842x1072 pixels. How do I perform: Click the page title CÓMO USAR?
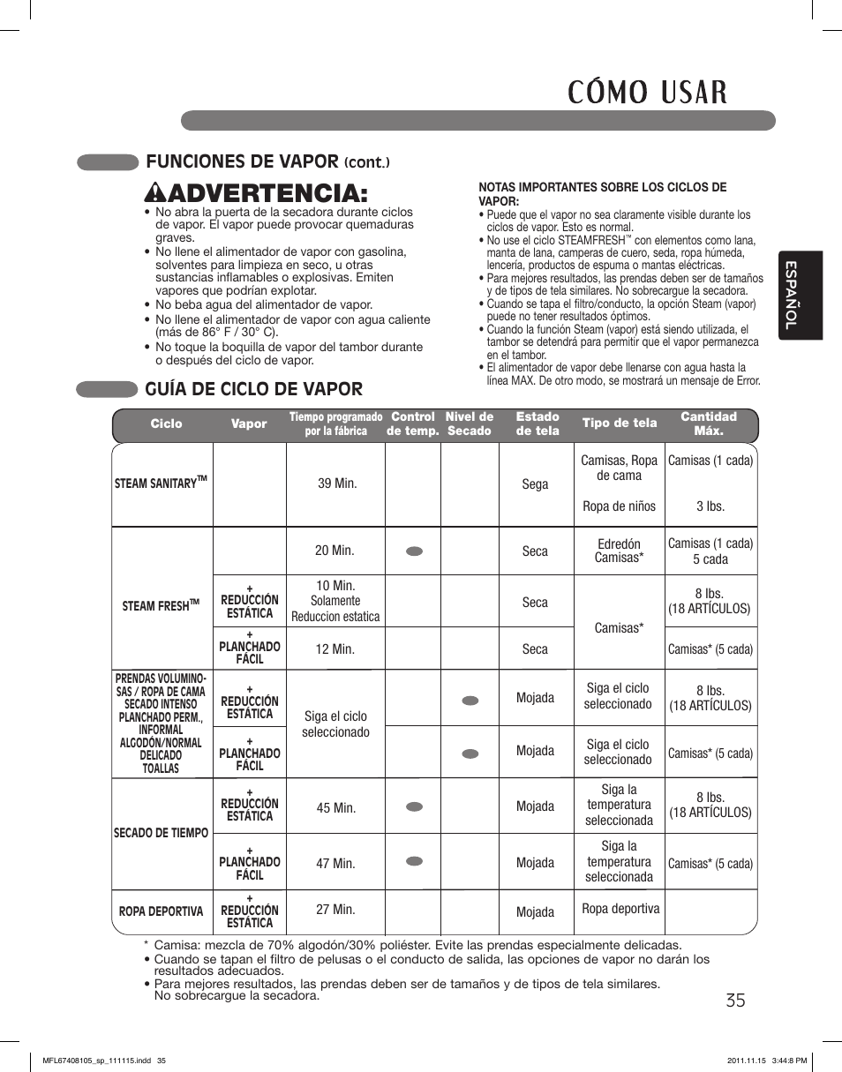(647, 91)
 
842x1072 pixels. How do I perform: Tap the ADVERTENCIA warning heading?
(250, 191)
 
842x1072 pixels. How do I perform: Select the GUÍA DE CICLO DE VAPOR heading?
(254, 389)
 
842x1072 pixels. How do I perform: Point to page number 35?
(736, 1000)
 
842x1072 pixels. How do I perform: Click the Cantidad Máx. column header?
(708, 424)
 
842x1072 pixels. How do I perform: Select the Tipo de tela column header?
(620, 424)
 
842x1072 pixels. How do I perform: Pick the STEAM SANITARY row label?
(161, 483)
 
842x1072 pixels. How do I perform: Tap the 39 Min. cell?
(337, 484)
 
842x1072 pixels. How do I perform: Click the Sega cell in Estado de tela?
(535, 484)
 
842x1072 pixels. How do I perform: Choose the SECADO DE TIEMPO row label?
(161, 832)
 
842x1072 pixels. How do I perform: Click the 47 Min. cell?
(335, 863)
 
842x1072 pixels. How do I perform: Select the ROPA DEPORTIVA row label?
(161, 911)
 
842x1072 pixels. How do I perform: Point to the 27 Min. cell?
(335, 909)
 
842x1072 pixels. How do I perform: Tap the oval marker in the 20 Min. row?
(414, 551)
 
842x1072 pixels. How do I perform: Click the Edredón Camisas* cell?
(619, 551)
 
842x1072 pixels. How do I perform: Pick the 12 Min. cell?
(335, 648)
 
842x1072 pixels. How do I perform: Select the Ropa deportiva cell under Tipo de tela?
(621, 909)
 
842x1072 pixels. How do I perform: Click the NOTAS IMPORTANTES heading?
(602, 193)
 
